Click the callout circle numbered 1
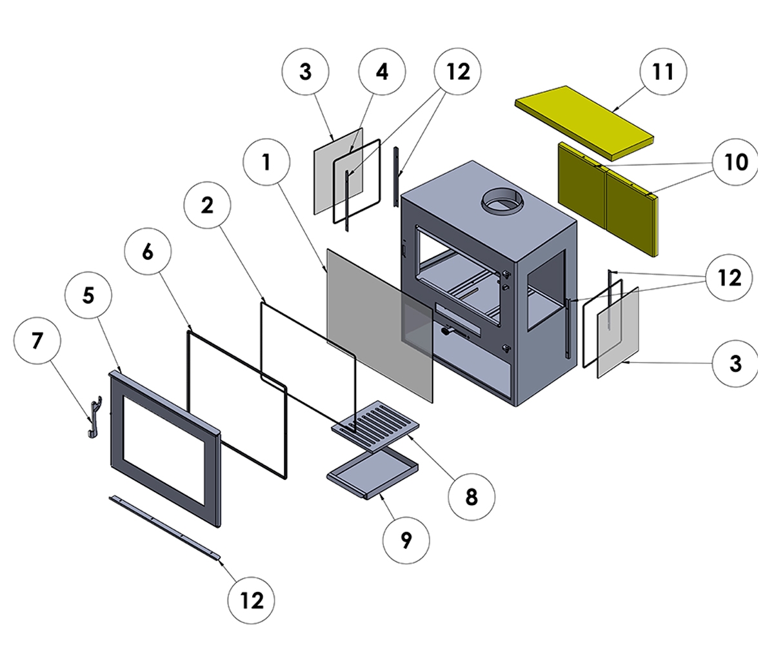pyautogui.click(x=266, y=163)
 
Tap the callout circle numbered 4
pyautogui.click(x=382, y=71)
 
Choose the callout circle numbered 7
pyautogui.click(x=37, y=340)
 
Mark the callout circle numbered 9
pyautogui.click(x=406, y=541)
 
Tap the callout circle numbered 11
pyautogui.click(x=662, y=71)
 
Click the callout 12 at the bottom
pyautogui.click(x=252, y=600)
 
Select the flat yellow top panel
pyautogui.click(x=584, y=121)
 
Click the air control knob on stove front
pyautogui.click(x=446, y=332)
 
